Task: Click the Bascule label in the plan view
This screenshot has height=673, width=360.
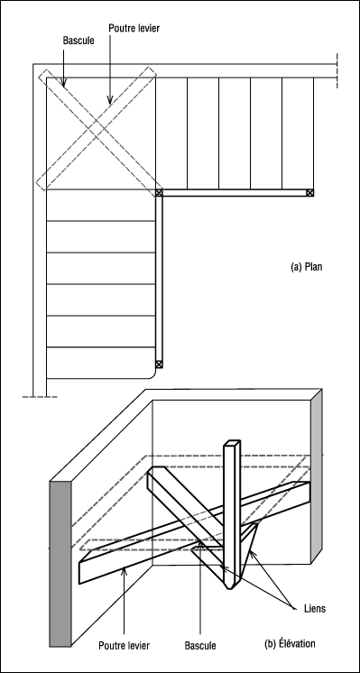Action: tap(78, 41)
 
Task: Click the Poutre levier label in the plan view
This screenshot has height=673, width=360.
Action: tap(134, 28)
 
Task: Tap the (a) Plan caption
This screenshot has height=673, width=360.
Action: tap(307, 266)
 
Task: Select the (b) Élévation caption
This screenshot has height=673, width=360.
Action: tap(290, 643)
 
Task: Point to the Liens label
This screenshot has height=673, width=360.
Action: tap(315, 608)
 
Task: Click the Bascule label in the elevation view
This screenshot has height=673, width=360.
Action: tap(200, 645)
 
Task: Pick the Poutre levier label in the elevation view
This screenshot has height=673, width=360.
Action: tap(124, 645)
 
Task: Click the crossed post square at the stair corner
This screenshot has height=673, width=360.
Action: tap(159, 193)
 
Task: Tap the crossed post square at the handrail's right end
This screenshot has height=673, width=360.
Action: tap(309, 193)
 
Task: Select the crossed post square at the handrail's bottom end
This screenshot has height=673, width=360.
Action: tap(159, 364)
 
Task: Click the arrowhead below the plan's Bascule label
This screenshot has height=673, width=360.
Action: tap(63, 83)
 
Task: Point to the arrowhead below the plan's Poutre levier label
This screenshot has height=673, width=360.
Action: tap(110, 100)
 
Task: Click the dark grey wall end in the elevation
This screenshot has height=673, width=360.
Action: tap(60, 563)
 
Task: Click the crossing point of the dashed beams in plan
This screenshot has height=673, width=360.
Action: tap(97, 129)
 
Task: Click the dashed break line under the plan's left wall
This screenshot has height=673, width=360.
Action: tap(40, 397)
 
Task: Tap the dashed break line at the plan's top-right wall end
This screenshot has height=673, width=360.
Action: tap(337, 71)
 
